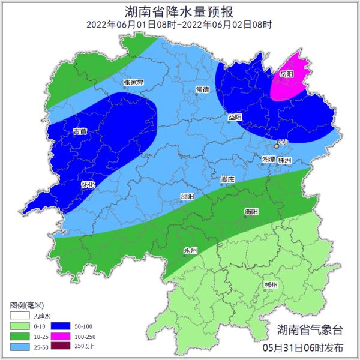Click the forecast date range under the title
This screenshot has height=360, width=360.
179,25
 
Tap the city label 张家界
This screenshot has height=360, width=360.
133,82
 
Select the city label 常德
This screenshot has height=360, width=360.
202,89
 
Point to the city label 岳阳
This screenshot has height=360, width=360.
287,74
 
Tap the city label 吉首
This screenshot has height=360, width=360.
80,131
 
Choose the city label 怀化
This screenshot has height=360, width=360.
88,185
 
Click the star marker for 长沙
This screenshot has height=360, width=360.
277,145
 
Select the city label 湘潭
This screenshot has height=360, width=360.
268,160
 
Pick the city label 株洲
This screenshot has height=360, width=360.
284,161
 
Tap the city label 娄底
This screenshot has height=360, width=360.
227,179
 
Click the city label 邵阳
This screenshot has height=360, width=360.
187,197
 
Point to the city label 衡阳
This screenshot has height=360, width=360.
251,212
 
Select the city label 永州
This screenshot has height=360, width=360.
190,251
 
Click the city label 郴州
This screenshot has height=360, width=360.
271,285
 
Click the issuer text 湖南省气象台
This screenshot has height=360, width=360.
311,329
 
